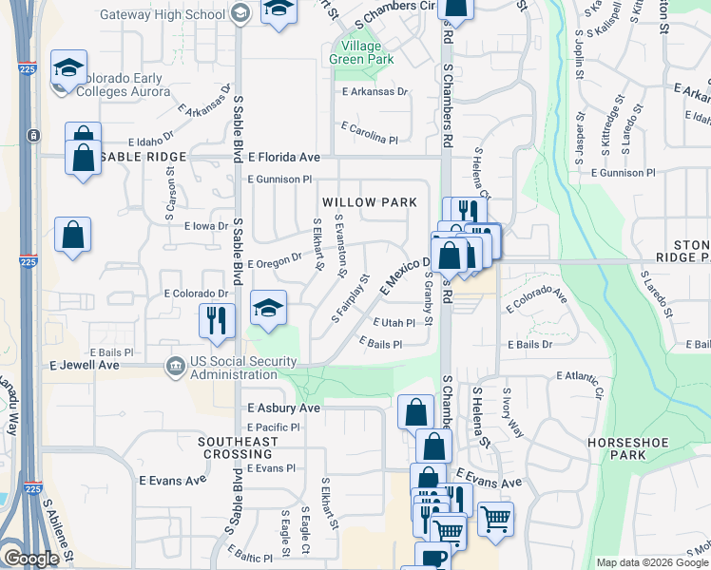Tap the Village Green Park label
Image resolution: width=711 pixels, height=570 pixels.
355,52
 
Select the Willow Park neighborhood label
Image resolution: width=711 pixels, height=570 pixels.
369,202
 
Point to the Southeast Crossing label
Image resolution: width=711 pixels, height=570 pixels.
238,448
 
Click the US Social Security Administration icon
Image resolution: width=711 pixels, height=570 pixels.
175,367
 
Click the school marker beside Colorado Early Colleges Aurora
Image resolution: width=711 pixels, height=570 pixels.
68,68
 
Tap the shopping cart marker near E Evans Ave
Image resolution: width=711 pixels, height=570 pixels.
495,520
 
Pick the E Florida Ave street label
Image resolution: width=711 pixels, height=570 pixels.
284,157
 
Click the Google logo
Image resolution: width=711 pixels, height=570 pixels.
31,559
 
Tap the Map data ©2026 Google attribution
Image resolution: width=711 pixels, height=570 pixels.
651,562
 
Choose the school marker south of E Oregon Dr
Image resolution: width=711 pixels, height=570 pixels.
269,308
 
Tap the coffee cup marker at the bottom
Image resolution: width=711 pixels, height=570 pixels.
433,560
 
